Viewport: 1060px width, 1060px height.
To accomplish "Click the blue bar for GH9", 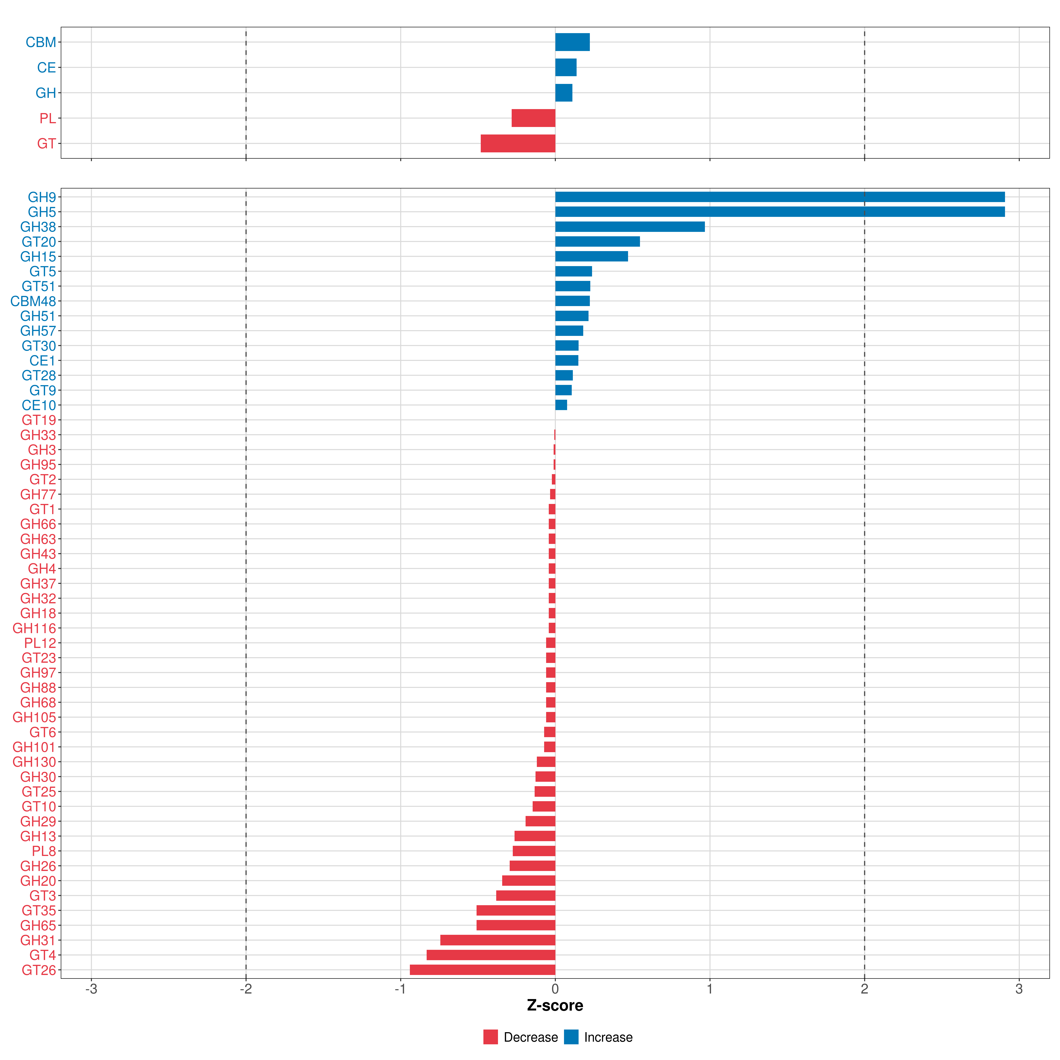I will point(779,197).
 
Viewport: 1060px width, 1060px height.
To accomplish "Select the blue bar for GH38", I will point(630,227).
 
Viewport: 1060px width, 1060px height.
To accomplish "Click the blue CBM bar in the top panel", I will point(572,42).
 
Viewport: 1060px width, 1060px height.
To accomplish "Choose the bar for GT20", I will point(598,241).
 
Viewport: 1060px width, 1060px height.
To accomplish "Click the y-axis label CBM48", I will point(33,301).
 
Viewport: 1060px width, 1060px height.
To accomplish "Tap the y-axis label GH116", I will point(34,628).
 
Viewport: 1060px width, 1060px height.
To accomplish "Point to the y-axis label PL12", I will point(40,643).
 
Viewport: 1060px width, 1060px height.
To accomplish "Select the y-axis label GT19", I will point(38,420).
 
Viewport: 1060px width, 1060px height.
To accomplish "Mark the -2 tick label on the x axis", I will point(246,989).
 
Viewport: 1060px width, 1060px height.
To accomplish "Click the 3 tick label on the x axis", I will point(1019,989).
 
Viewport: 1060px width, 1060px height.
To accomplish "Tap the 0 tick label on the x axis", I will point(555,989).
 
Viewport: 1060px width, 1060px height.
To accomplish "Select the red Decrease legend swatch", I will point(490,1037).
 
